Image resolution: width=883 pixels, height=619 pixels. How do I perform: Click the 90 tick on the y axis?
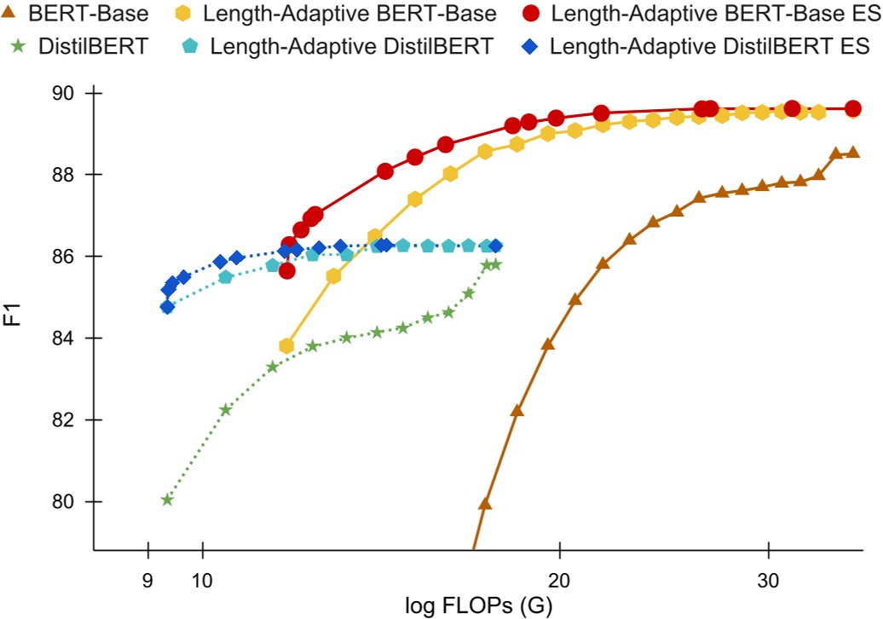[69, 93]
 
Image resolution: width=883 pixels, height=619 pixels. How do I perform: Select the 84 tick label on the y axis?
[69, 338]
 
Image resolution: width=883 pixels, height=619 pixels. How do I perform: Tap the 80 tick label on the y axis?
[69, 502]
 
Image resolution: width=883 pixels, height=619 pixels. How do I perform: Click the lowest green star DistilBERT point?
[167, 500]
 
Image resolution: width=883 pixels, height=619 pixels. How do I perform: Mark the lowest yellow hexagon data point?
[286, 346]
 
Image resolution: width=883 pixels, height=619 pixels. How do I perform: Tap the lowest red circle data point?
[286, 271]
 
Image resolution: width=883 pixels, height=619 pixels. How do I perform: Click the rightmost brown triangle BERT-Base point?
[852, 153]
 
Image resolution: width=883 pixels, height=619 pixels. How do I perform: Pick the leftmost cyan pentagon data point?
[167, 307]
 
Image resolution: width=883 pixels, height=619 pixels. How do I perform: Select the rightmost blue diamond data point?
[495, 246]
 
